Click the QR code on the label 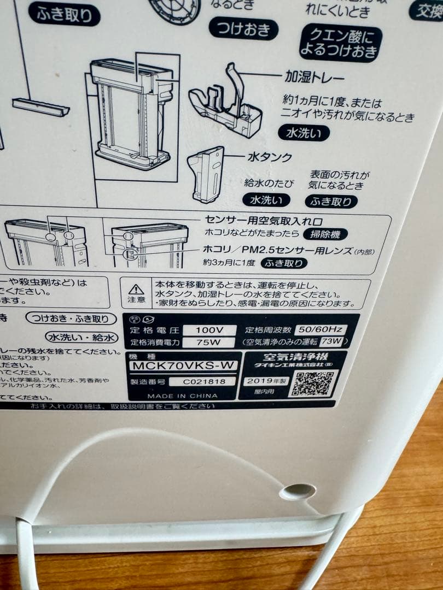(x=313, y=383)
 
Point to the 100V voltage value (x=209, y=330)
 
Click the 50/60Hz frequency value (x=320, y=329)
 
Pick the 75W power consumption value (x=208, y=343)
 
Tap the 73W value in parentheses (x=331, y=342)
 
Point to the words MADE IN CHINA (x=182, y=396)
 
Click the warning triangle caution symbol (x=136, y=289)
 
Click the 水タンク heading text (x=270, y=157)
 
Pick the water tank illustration (x=206, y=174)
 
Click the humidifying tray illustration (x=225, y=104)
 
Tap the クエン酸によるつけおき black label (x=340, y=43)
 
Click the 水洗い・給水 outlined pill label (x=81, y=337)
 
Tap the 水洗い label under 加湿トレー (x=304, y=133)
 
